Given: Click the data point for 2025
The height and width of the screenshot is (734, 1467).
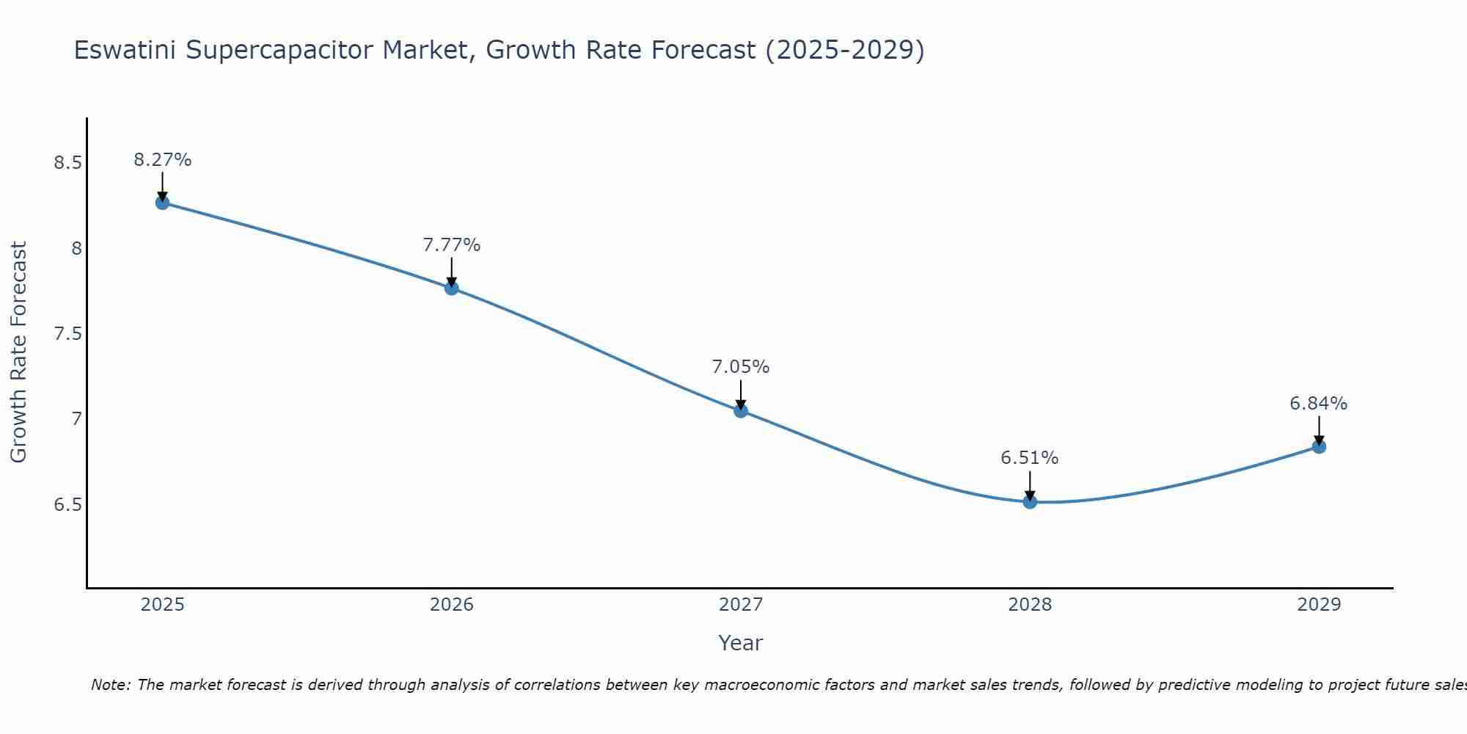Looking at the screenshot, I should click(162, 203).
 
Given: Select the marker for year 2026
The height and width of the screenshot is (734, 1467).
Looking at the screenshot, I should click(451, 288).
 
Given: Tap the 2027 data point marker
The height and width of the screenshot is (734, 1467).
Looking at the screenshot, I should click(741, 410).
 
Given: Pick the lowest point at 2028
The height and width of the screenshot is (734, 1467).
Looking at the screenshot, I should click(1030, 502).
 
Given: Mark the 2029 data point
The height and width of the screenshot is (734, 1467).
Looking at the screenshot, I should click(1319, 446).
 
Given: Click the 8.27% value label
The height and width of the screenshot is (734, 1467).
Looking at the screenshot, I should click(162, 160).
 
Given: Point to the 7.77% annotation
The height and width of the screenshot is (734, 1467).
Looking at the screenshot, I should click(451, 245).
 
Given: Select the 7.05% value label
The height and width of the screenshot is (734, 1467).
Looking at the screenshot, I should click(741, 367).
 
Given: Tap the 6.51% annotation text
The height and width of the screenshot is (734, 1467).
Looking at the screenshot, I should click(1030, 458).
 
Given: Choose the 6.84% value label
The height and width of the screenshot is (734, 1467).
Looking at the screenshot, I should click(1319, 404).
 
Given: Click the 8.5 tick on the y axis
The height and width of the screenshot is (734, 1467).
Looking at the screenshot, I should click(67, 163).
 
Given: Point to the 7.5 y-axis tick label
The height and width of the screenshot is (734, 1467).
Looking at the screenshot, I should click(67, 334).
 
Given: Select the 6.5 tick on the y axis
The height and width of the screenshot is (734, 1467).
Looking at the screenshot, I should click(67, 505).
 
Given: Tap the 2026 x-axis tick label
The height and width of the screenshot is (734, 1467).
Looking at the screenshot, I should click(451, 605).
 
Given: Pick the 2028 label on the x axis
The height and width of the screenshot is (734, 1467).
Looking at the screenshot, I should click(1030, 605).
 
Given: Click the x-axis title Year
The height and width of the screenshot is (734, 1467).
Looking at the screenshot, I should click(741, 643).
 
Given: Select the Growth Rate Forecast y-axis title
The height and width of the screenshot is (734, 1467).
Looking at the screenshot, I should click(18, 352).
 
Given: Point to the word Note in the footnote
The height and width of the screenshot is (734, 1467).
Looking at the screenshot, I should click(110, 685).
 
